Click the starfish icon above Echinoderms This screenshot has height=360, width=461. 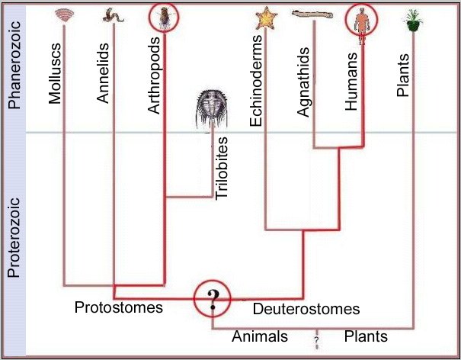click(267, 18)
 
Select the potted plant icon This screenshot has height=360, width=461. click(413, 21)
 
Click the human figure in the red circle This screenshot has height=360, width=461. click(362, 25)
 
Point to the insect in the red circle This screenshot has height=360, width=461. click(164, 18)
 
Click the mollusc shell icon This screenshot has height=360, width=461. click(64, 15)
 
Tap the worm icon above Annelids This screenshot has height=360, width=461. click(114, 15)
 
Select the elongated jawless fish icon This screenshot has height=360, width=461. click(312, 14)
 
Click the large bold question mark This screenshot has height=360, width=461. click(213, 300)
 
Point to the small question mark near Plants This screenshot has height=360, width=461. click(316, 340)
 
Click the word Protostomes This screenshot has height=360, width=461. click(119, 307)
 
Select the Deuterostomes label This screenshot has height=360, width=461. click(306, 309)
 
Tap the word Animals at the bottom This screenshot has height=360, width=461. click(260, 336)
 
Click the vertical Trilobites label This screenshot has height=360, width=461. click(222, 169)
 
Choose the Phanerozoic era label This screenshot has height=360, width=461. click(14, 65)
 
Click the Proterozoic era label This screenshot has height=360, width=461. click(14, 238)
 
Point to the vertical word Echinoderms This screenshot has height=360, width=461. click(255, 81)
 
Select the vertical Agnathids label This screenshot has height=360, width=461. click(303, 82)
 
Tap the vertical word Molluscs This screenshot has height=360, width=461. click(55, 73)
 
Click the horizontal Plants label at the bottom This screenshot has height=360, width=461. click(366, 336)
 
